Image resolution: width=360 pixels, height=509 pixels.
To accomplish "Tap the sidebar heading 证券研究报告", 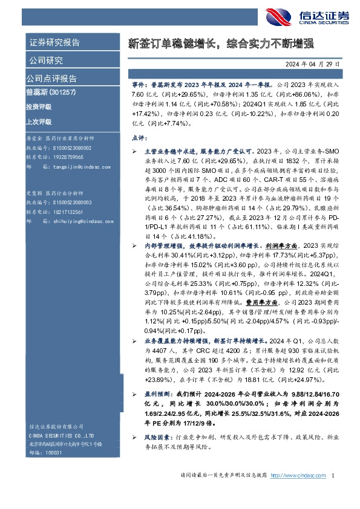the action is [x=54, y=43].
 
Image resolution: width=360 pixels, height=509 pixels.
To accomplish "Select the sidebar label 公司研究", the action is [x=45, y=60].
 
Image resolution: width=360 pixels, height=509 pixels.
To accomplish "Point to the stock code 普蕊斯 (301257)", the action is [x=52, y=92].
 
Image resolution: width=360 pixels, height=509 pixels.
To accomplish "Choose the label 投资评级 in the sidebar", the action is [x=39, y=106].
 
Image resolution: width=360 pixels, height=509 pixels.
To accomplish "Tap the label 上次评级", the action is [x=39, y=121].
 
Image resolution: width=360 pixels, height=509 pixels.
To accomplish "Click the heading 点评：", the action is [x=139, y=138].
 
